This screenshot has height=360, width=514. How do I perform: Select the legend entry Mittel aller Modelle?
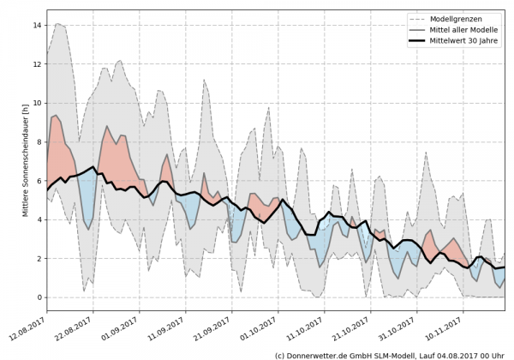pos(466,29)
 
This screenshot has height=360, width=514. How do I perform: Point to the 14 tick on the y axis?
pos(37,25)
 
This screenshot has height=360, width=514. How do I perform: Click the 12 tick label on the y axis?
pos(37,64)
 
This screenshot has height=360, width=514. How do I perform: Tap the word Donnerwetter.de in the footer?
pos(317,354)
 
